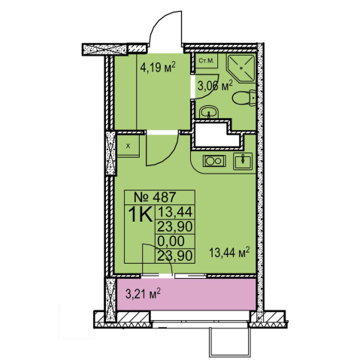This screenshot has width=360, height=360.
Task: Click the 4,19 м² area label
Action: click(158, 67)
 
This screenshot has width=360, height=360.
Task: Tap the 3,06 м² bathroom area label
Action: click(215, 86)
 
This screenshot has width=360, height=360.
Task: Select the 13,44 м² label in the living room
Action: click(229, 253)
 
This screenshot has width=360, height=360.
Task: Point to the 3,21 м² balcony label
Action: click(143, 294)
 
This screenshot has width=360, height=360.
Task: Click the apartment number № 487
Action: click(155, 197)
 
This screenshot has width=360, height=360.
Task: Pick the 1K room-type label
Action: click(141, 214)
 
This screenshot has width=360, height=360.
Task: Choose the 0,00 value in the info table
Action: click(171, 241)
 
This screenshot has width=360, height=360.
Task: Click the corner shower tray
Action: click(241, 68)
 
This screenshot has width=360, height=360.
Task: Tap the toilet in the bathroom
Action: click(244, 98)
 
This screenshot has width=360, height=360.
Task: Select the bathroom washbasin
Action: click(209, 112)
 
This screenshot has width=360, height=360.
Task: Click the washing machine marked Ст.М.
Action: click(207, 61)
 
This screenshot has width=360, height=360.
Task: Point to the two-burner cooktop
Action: click(214, 161)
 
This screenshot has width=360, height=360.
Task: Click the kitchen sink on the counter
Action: click(243, 161)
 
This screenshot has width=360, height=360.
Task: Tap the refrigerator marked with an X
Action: click(129, 146)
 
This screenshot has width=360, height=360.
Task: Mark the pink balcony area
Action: click(186, 295)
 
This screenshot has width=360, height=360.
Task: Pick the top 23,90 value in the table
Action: click(175, 227)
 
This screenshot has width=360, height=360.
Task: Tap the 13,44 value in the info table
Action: click(175, 212)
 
